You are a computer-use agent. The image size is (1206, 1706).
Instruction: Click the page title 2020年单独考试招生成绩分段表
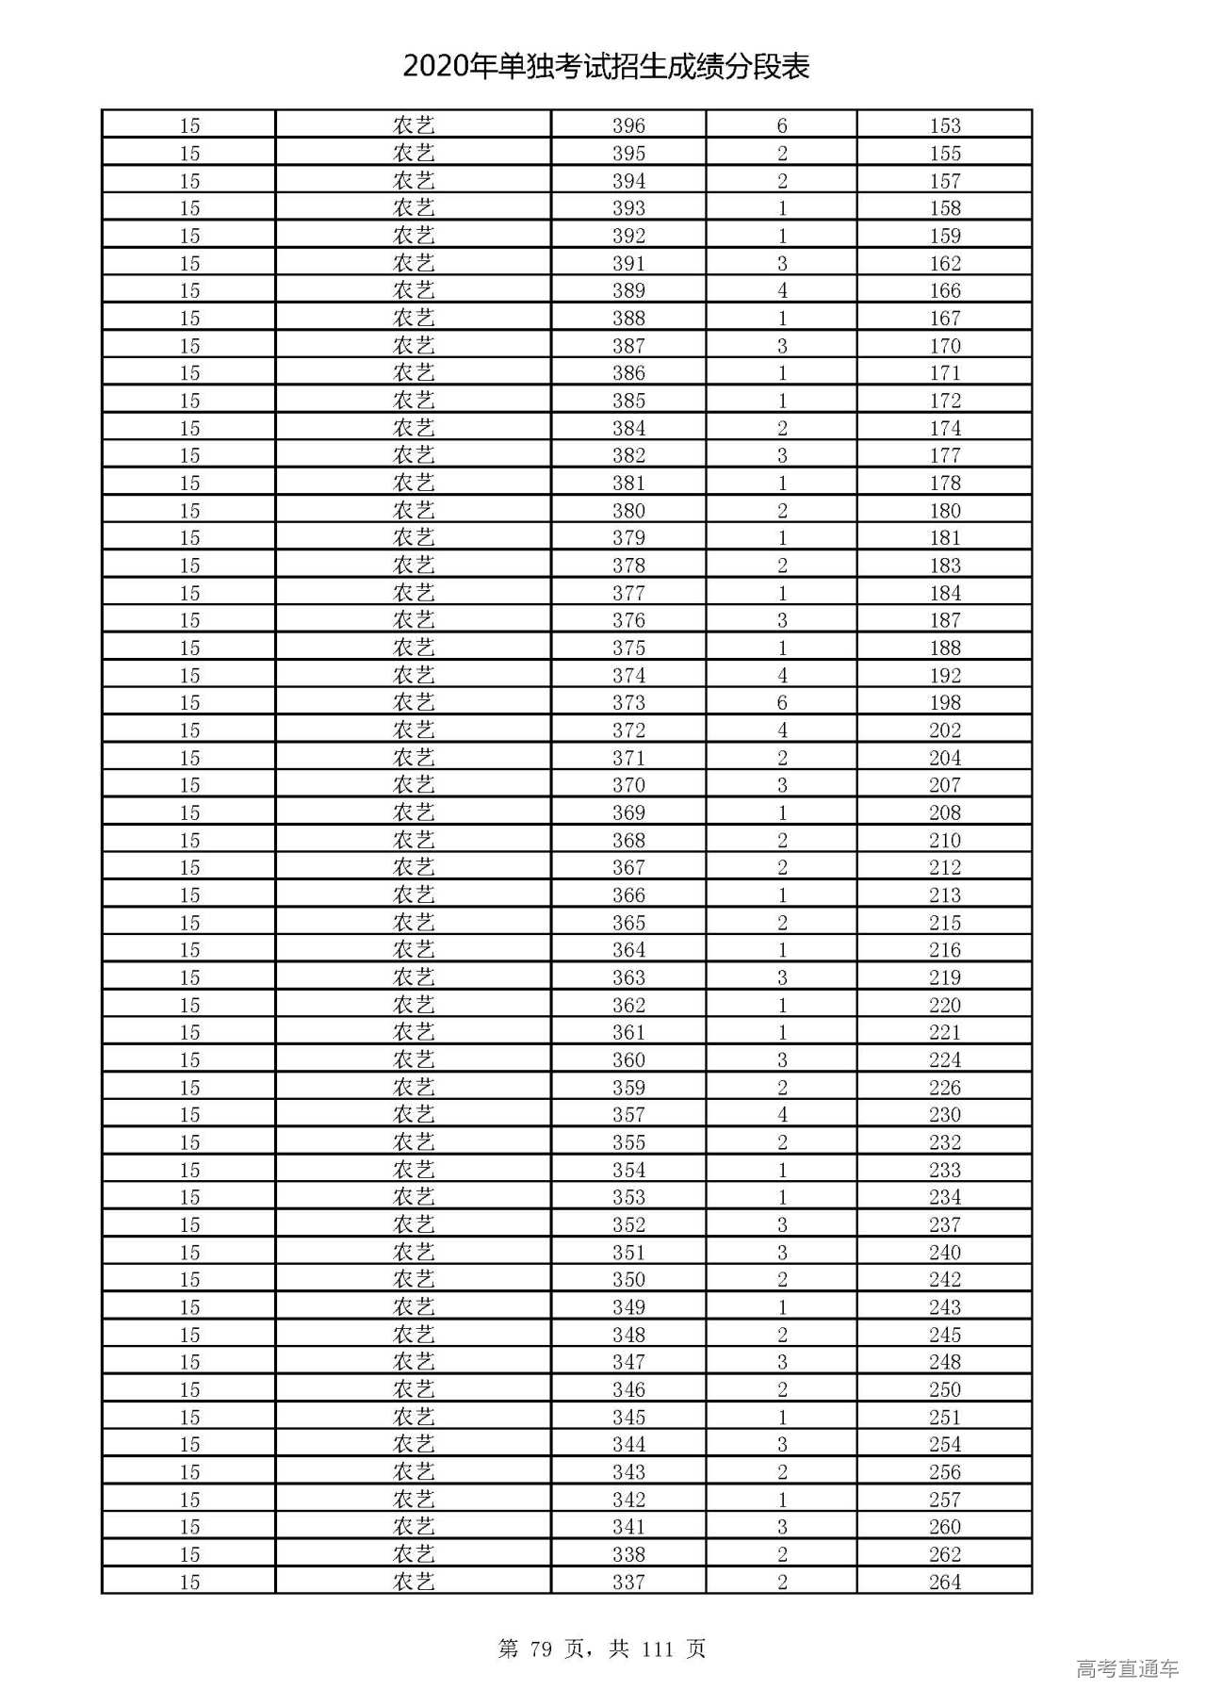606,67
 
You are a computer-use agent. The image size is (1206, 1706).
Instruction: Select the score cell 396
628,125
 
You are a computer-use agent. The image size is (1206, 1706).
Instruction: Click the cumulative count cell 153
944,125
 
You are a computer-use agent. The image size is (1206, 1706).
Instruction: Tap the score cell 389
628,290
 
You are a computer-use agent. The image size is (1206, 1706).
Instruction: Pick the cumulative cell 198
944,702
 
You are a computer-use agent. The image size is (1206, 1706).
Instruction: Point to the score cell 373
628,702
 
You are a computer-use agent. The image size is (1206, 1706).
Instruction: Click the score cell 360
628,1059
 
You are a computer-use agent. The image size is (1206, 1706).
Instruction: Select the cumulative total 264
944,1582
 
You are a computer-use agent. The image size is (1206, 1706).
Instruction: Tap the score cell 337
628,1582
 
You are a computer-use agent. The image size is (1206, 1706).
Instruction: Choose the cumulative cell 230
944,1114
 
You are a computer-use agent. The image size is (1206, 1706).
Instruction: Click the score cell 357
628,1114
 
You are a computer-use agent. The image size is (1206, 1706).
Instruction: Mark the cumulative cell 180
944,510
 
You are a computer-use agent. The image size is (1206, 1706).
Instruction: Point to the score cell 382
628,455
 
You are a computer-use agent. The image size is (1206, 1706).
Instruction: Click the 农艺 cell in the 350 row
414,1279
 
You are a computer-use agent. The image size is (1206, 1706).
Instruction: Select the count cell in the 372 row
782,730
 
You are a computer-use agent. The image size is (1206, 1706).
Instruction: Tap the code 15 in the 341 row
189,1526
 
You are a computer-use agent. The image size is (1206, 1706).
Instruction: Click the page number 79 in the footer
540,1649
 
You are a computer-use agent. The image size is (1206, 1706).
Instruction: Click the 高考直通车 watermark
1127,1669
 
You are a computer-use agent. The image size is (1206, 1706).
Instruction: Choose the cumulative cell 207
944,784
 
